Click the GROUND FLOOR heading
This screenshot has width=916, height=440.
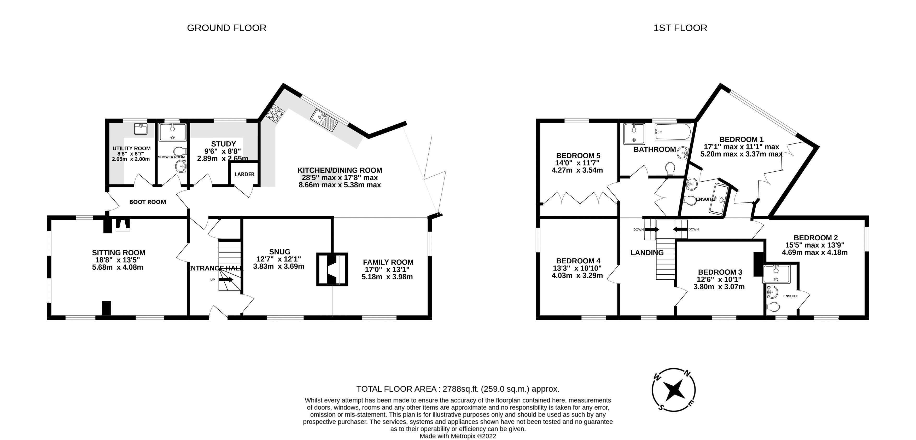coord(226,28)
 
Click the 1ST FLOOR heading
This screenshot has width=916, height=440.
coord(680,28)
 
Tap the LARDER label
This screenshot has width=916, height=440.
coord(244,174)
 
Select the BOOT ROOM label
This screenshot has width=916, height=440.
coord(148,202)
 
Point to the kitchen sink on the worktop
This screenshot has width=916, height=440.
coord(324,120)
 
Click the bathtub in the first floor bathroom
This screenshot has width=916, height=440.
coord(673,132)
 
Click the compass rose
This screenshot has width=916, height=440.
coord(674,390)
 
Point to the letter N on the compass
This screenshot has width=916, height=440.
coord(687,373)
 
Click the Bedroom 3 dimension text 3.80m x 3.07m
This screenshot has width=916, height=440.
coord(719,287)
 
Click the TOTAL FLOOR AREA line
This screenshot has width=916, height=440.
coord(458,389)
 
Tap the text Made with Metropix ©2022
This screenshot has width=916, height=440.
coord(458,436)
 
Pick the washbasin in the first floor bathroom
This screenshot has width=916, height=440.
coord(683,153)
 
